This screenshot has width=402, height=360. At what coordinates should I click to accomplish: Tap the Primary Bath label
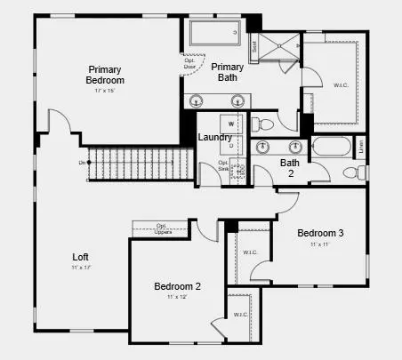click(x=228, y=72)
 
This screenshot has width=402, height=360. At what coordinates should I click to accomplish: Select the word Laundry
click(x=215, y=137)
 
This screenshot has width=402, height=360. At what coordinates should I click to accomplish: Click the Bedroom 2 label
click(x=177, y=286)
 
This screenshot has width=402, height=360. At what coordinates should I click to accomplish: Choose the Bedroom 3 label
click(x=320, y=233)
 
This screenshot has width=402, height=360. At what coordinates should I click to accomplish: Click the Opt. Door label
click(x=190, y=62)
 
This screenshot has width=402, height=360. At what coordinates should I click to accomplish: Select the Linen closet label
click(x=360, y=147)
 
